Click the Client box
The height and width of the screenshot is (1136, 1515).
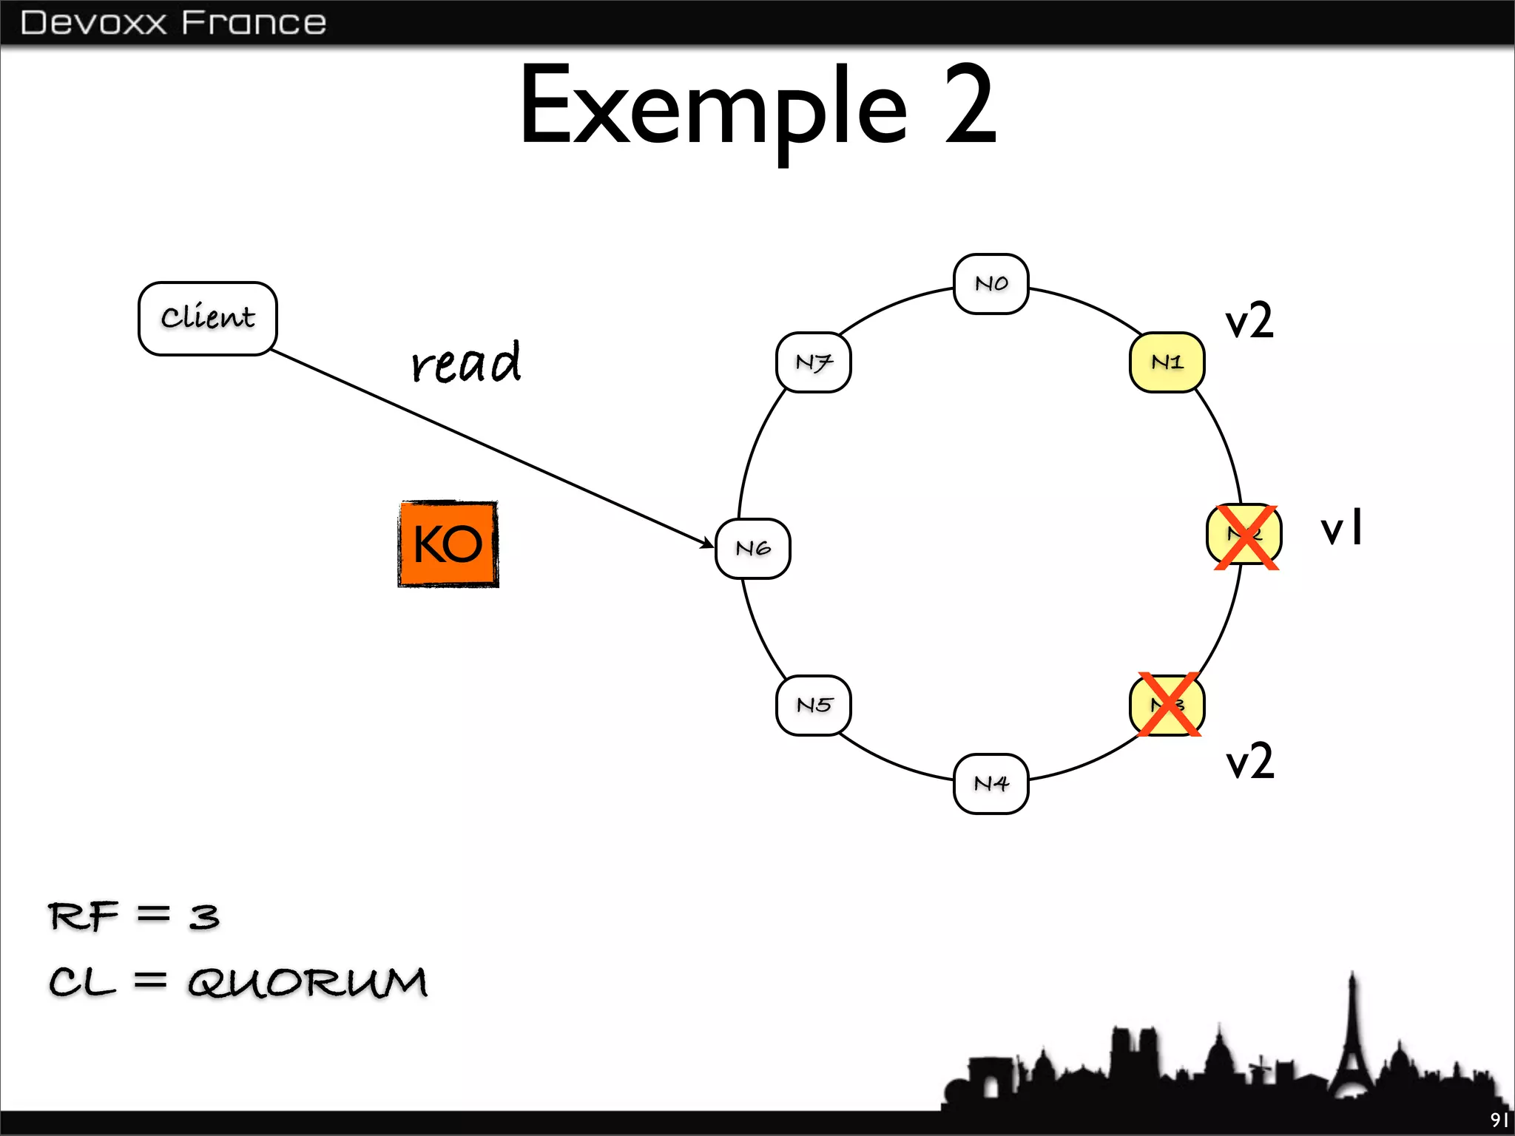point(207,318)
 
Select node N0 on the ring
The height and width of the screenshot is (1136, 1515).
point(991,284)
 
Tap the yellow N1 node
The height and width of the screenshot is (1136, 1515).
point(1167,362)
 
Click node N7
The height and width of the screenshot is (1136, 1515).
point(813,362)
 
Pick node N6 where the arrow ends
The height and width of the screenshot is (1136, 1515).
point(752,548)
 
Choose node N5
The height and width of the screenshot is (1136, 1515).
point(813,705)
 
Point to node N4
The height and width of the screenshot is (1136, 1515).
point(991,784)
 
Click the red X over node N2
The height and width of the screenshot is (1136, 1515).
point(1246,537)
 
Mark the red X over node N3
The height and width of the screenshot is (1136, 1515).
point(1169,704)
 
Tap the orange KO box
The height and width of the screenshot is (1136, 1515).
point(448,544)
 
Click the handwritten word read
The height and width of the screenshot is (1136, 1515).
point(466,363)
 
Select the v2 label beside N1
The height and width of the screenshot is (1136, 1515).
point(1249,321)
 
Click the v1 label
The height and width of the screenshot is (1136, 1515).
point(1341,528)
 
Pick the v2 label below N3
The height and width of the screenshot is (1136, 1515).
point(1249,761)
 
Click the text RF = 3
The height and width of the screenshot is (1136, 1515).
point(134,916)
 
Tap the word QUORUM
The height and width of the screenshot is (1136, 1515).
point(307,982)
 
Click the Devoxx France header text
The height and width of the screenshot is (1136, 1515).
point(173,23)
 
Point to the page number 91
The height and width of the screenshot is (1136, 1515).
point(1499,1120)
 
